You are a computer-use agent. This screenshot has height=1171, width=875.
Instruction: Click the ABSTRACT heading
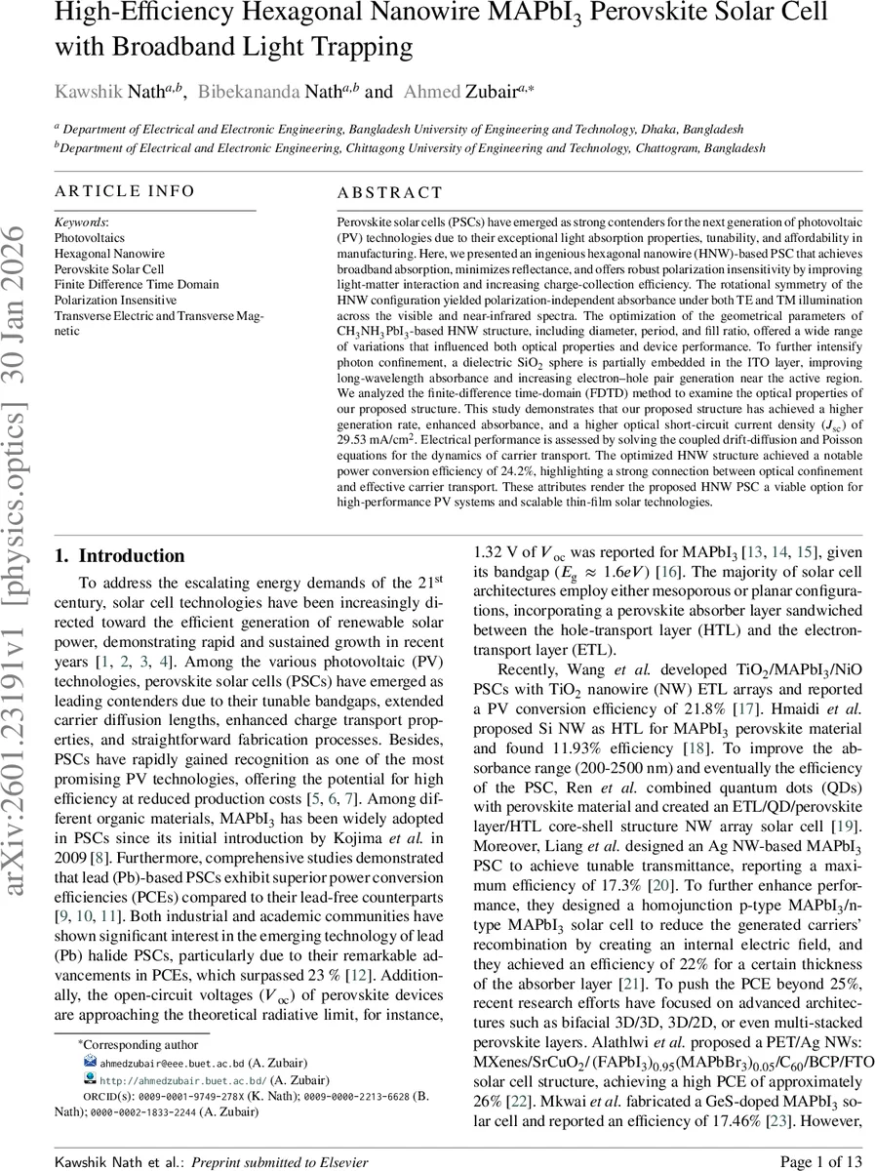pyautogui.click(x=390, y=193)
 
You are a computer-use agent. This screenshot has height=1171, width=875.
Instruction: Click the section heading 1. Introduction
pyautogui.click(x=119, y=556)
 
